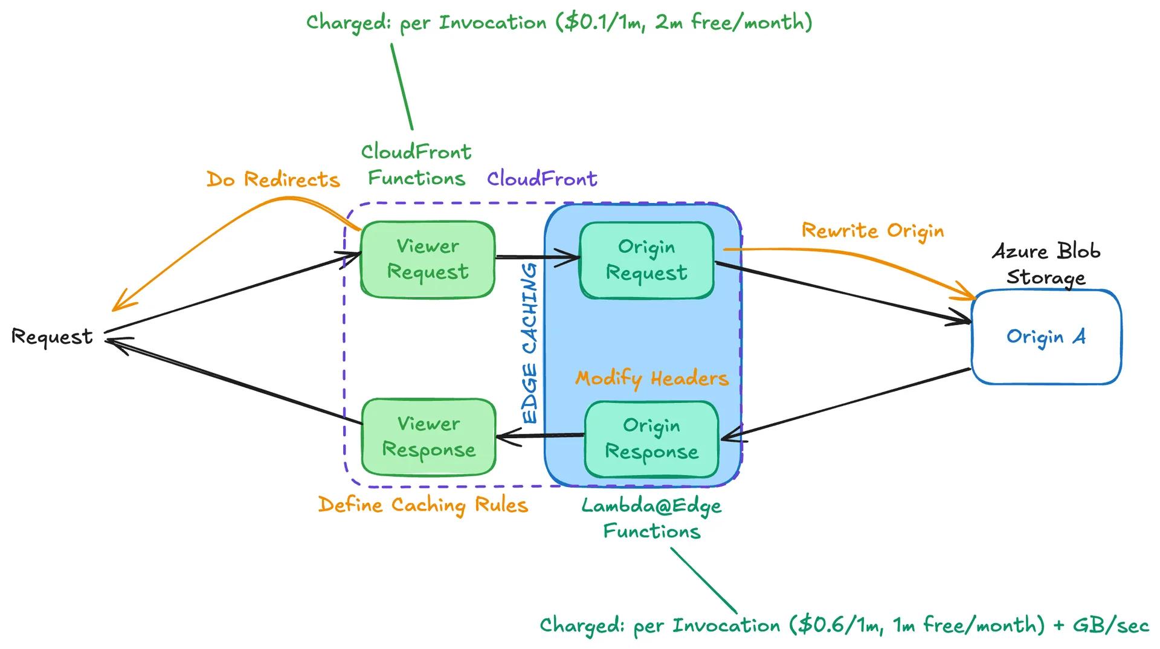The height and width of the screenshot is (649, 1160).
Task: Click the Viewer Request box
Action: coord(428,259)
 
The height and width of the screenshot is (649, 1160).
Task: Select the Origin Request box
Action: coord(646,260)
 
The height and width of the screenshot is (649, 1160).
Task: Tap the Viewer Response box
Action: coord(428,437)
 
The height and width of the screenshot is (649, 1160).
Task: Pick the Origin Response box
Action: coord(651,439)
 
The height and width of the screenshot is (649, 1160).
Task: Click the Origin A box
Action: coord(1046,337)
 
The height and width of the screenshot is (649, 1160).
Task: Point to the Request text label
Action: coord(52,337)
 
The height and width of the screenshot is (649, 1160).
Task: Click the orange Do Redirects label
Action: coord(273,179)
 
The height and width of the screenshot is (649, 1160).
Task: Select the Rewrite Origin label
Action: coord(872,231)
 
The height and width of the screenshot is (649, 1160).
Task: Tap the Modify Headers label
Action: coord(652,379)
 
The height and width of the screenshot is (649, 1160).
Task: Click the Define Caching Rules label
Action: coord(423,505)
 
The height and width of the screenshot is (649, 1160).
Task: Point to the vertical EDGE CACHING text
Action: coord(530,343)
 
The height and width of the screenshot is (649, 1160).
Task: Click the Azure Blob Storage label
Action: coord(1046,264)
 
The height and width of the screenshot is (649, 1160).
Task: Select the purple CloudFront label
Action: coord(542,179)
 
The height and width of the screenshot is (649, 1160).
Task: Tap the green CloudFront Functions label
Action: coord(416,165)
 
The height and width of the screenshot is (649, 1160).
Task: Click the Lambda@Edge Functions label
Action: coord(651,518)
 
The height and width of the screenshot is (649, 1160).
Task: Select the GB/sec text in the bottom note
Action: coord(1110,625)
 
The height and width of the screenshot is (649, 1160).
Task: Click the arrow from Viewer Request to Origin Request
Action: coord(537,258)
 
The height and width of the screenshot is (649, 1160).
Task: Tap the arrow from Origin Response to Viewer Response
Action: coord(540,436)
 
